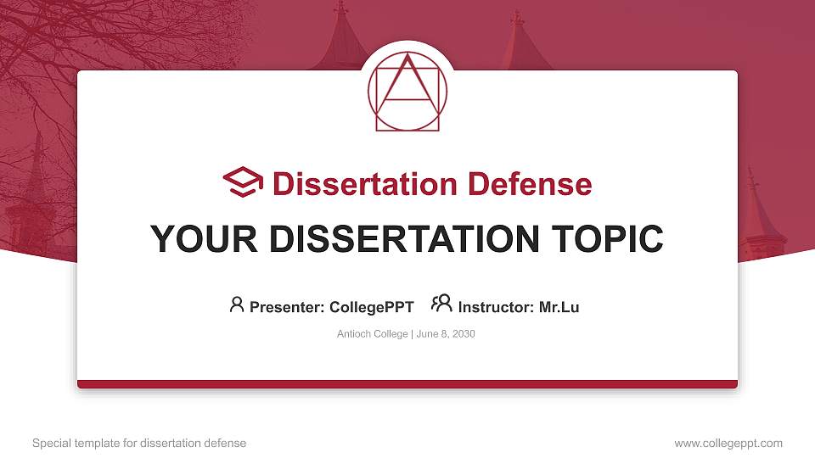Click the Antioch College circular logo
point(407,92)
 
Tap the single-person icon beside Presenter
point(237,304)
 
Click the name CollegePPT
point(371,307)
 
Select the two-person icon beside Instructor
point(441,304)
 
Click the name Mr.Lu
point(559,307)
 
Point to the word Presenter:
point(287,307)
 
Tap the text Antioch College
point(373,334)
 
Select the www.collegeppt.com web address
point(728,444)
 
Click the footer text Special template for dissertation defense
point(139,444)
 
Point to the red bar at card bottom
point(407,384)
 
